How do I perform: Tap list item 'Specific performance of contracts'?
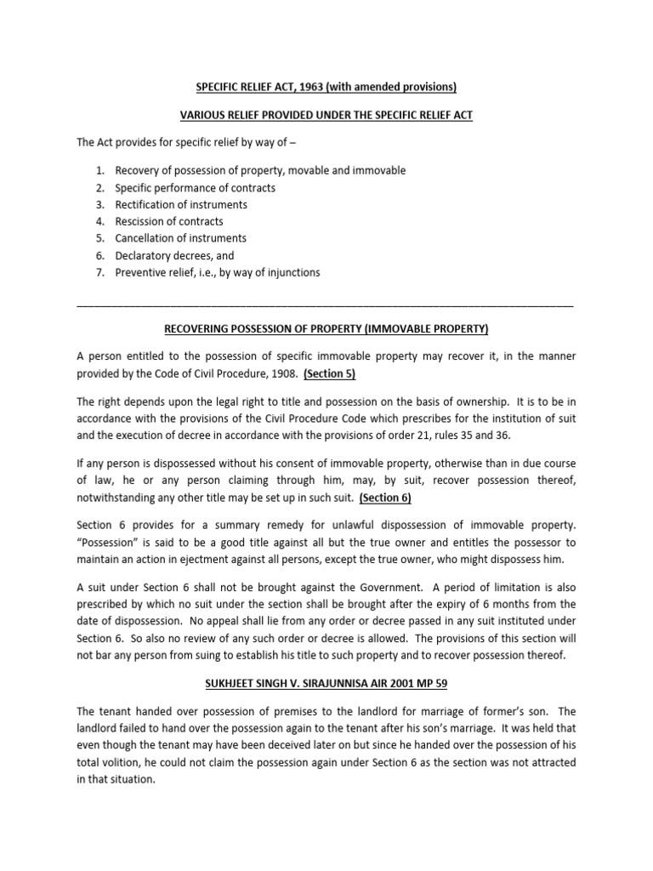[x=195, y=188]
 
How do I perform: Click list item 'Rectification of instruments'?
[x=181, y=205]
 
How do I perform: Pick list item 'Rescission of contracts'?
[x=168, y=222]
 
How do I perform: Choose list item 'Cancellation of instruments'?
[x=180, y=238]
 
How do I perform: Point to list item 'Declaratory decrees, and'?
[x=174, y=255]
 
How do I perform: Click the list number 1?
[x=99, y=171]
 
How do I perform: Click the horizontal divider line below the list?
[x=325, y=304]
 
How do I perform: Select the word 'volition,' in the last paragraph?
[x=127, y=762]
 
